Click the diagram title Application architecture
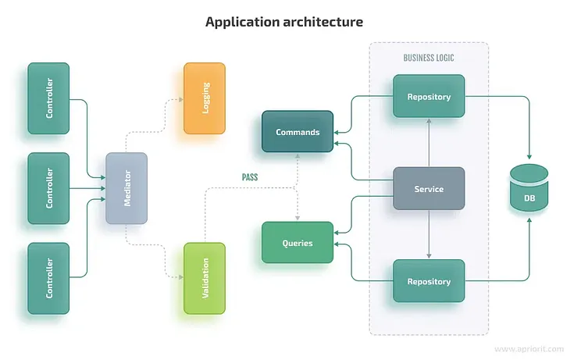click(284, 22)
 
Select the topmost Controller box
click(48, 98)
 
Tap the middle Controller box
click(48, 188)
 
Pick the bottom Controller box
click(48, 279)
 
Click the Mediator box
click(126, 188)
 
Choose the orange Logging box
click(205, 98)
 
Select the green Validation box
click(205, 279)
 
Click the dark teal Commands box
click(297, 132)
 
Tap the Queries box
click(297, 243)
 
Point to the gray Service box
click(429, 189)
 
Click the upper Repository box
click(429, 97)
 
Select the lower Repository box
click(429, 281)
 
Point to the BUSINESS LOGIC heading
click(429, 58)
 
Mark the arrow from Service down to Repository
click(429, 234)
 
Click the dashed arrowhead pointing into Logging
click(180, 99)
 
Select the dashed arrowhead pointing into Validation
click(180, 277)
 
